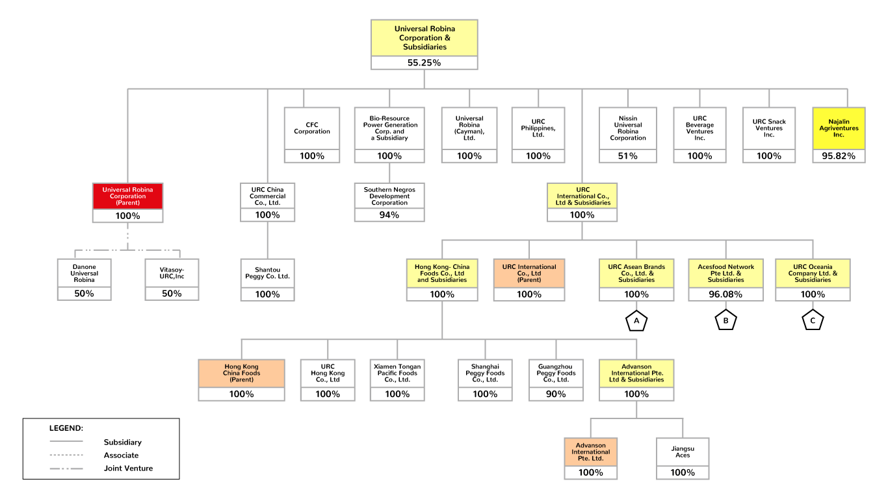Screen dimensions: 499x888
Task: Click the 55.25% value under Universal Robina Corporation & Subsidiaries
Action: coord(424,63)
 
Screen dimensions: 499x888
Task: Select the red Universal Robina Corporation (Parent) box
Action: coord(127,196)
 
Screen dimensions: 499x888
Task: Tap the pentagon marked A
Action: coord(636,320)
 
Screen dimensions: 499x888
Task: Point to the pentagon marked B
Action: coord(726,320)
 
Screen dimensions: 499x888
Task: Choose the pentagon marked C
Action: coord(813,320)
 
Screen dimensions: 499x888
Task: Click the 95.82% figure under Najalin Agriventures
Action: coord(839,156)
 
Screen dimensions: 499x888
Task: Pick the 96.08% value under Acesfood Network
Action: coord(726,294)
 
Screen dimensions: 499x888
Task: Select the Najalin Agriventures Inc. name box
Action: coord(839,128)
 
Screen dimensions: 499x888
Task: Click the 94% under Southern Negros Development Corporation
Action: coord(389,215)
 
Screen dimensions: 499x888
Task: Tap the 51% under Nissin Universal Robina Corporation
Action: coord(628,156)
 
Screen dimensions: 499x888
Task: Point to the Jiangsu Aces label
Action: coord(683,452)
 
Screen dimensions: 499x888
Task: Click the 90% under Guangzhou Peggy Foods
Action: coord(556,394)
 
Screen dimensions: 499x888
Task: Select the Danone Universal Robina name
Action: coord(84,274)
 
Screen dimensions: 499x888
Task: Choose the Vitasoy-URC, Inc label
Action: coord(171,274)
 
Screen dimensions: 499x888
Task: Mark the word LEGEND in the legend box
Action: coord(66,428)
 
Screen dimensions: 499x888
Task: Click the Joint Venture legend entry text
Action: coord(128,468)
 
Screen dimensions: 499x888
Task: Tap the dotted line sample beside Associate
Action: coord(66,455)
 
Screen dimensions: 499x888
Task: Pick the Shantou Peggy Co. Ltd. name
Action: coord(267,274)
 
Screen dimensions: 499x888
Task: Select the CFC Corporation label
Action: coord(312,128)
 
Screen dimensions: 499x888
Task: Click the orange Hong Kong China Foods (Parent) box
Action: coord(241,373)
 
